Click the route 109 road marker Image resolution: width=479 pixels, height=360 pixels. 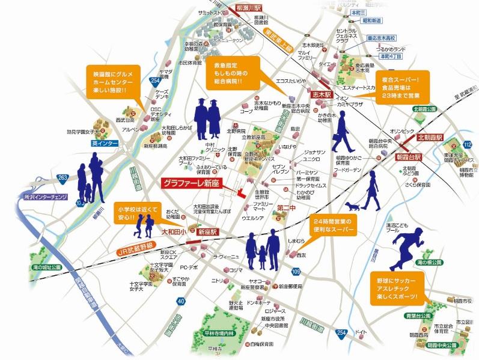coord(296,272)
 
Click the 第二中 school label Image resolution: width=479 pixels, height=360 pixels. coord(286,208)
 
